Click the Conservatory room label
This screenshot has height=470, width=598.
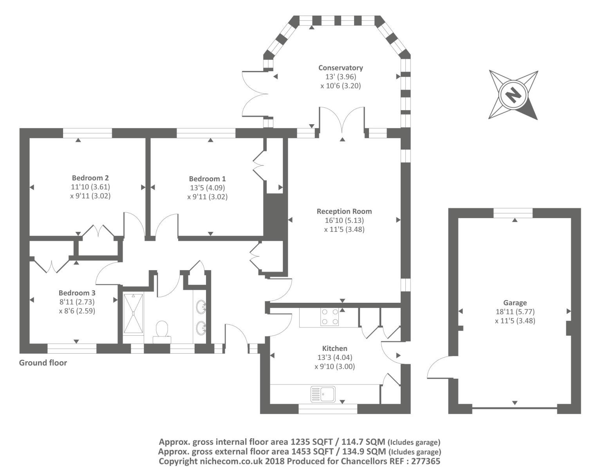point(340,68)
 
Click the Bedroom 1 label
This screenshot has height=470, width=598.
point(207,179)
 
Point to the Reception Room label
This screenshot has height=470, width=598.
point(344,211)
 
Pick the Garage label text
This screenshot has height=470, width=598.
point(515,303)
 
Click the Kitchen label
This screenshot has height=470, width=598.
point(335,348)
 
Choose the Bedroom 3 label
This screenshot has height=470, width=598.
point(77,293)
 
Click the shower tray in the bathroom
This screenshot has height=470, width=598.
point(133,313)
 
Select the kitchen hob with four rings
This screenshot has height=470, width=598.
point(330,317)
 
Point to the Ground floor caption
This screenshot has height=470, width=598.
point(43,363)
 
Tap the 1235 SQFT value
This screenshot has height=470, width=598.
point(312,442)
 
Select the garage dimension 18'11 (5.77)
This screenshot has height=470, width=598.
point(515,312)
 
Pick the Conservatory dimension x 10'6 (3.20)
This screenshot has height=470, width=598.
point(340,86)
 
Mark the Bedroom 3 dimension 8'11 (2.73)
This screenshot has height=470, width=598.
point(77,302)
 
